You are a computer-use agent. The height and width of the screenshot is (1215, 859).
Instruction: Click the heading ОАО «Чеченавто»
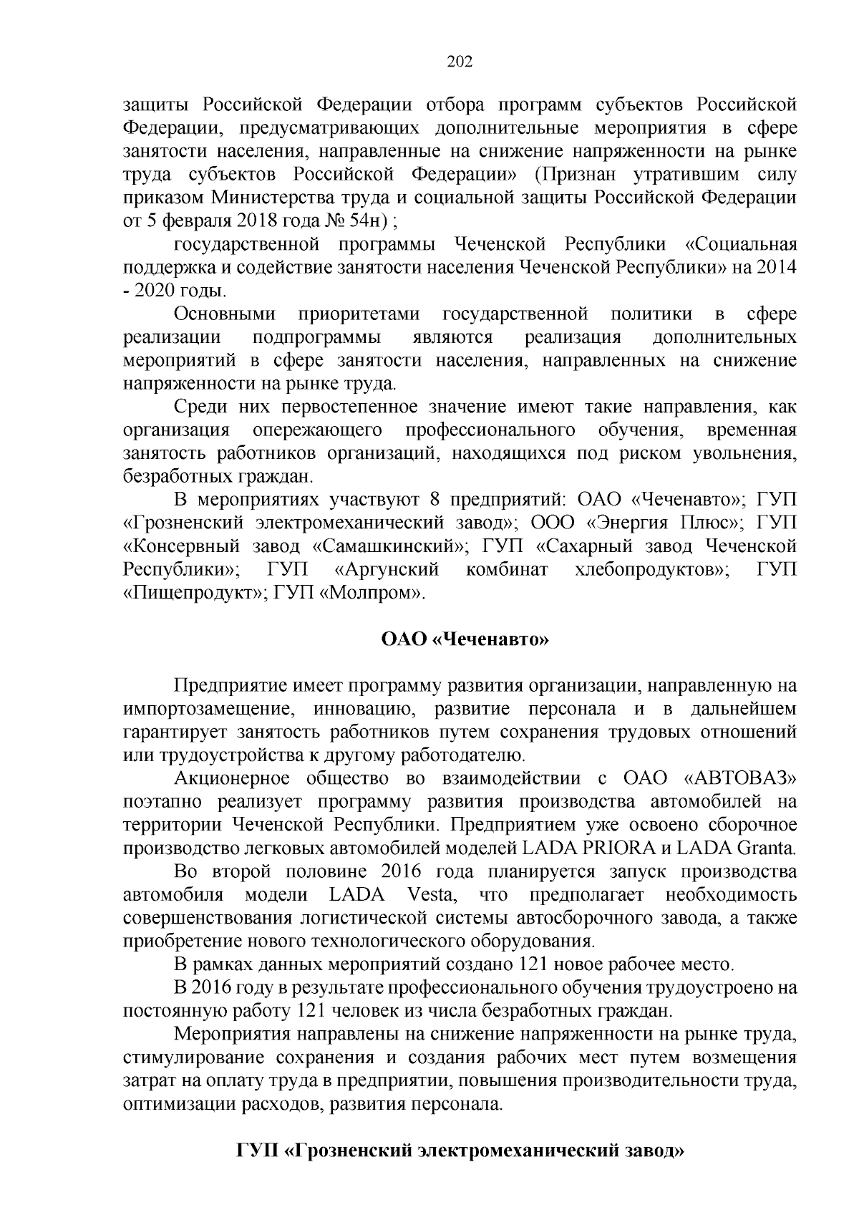tap(464, 639)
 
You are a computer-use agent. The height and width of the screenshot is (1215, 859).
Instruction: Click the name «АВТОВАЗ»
tap(741, 778)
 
